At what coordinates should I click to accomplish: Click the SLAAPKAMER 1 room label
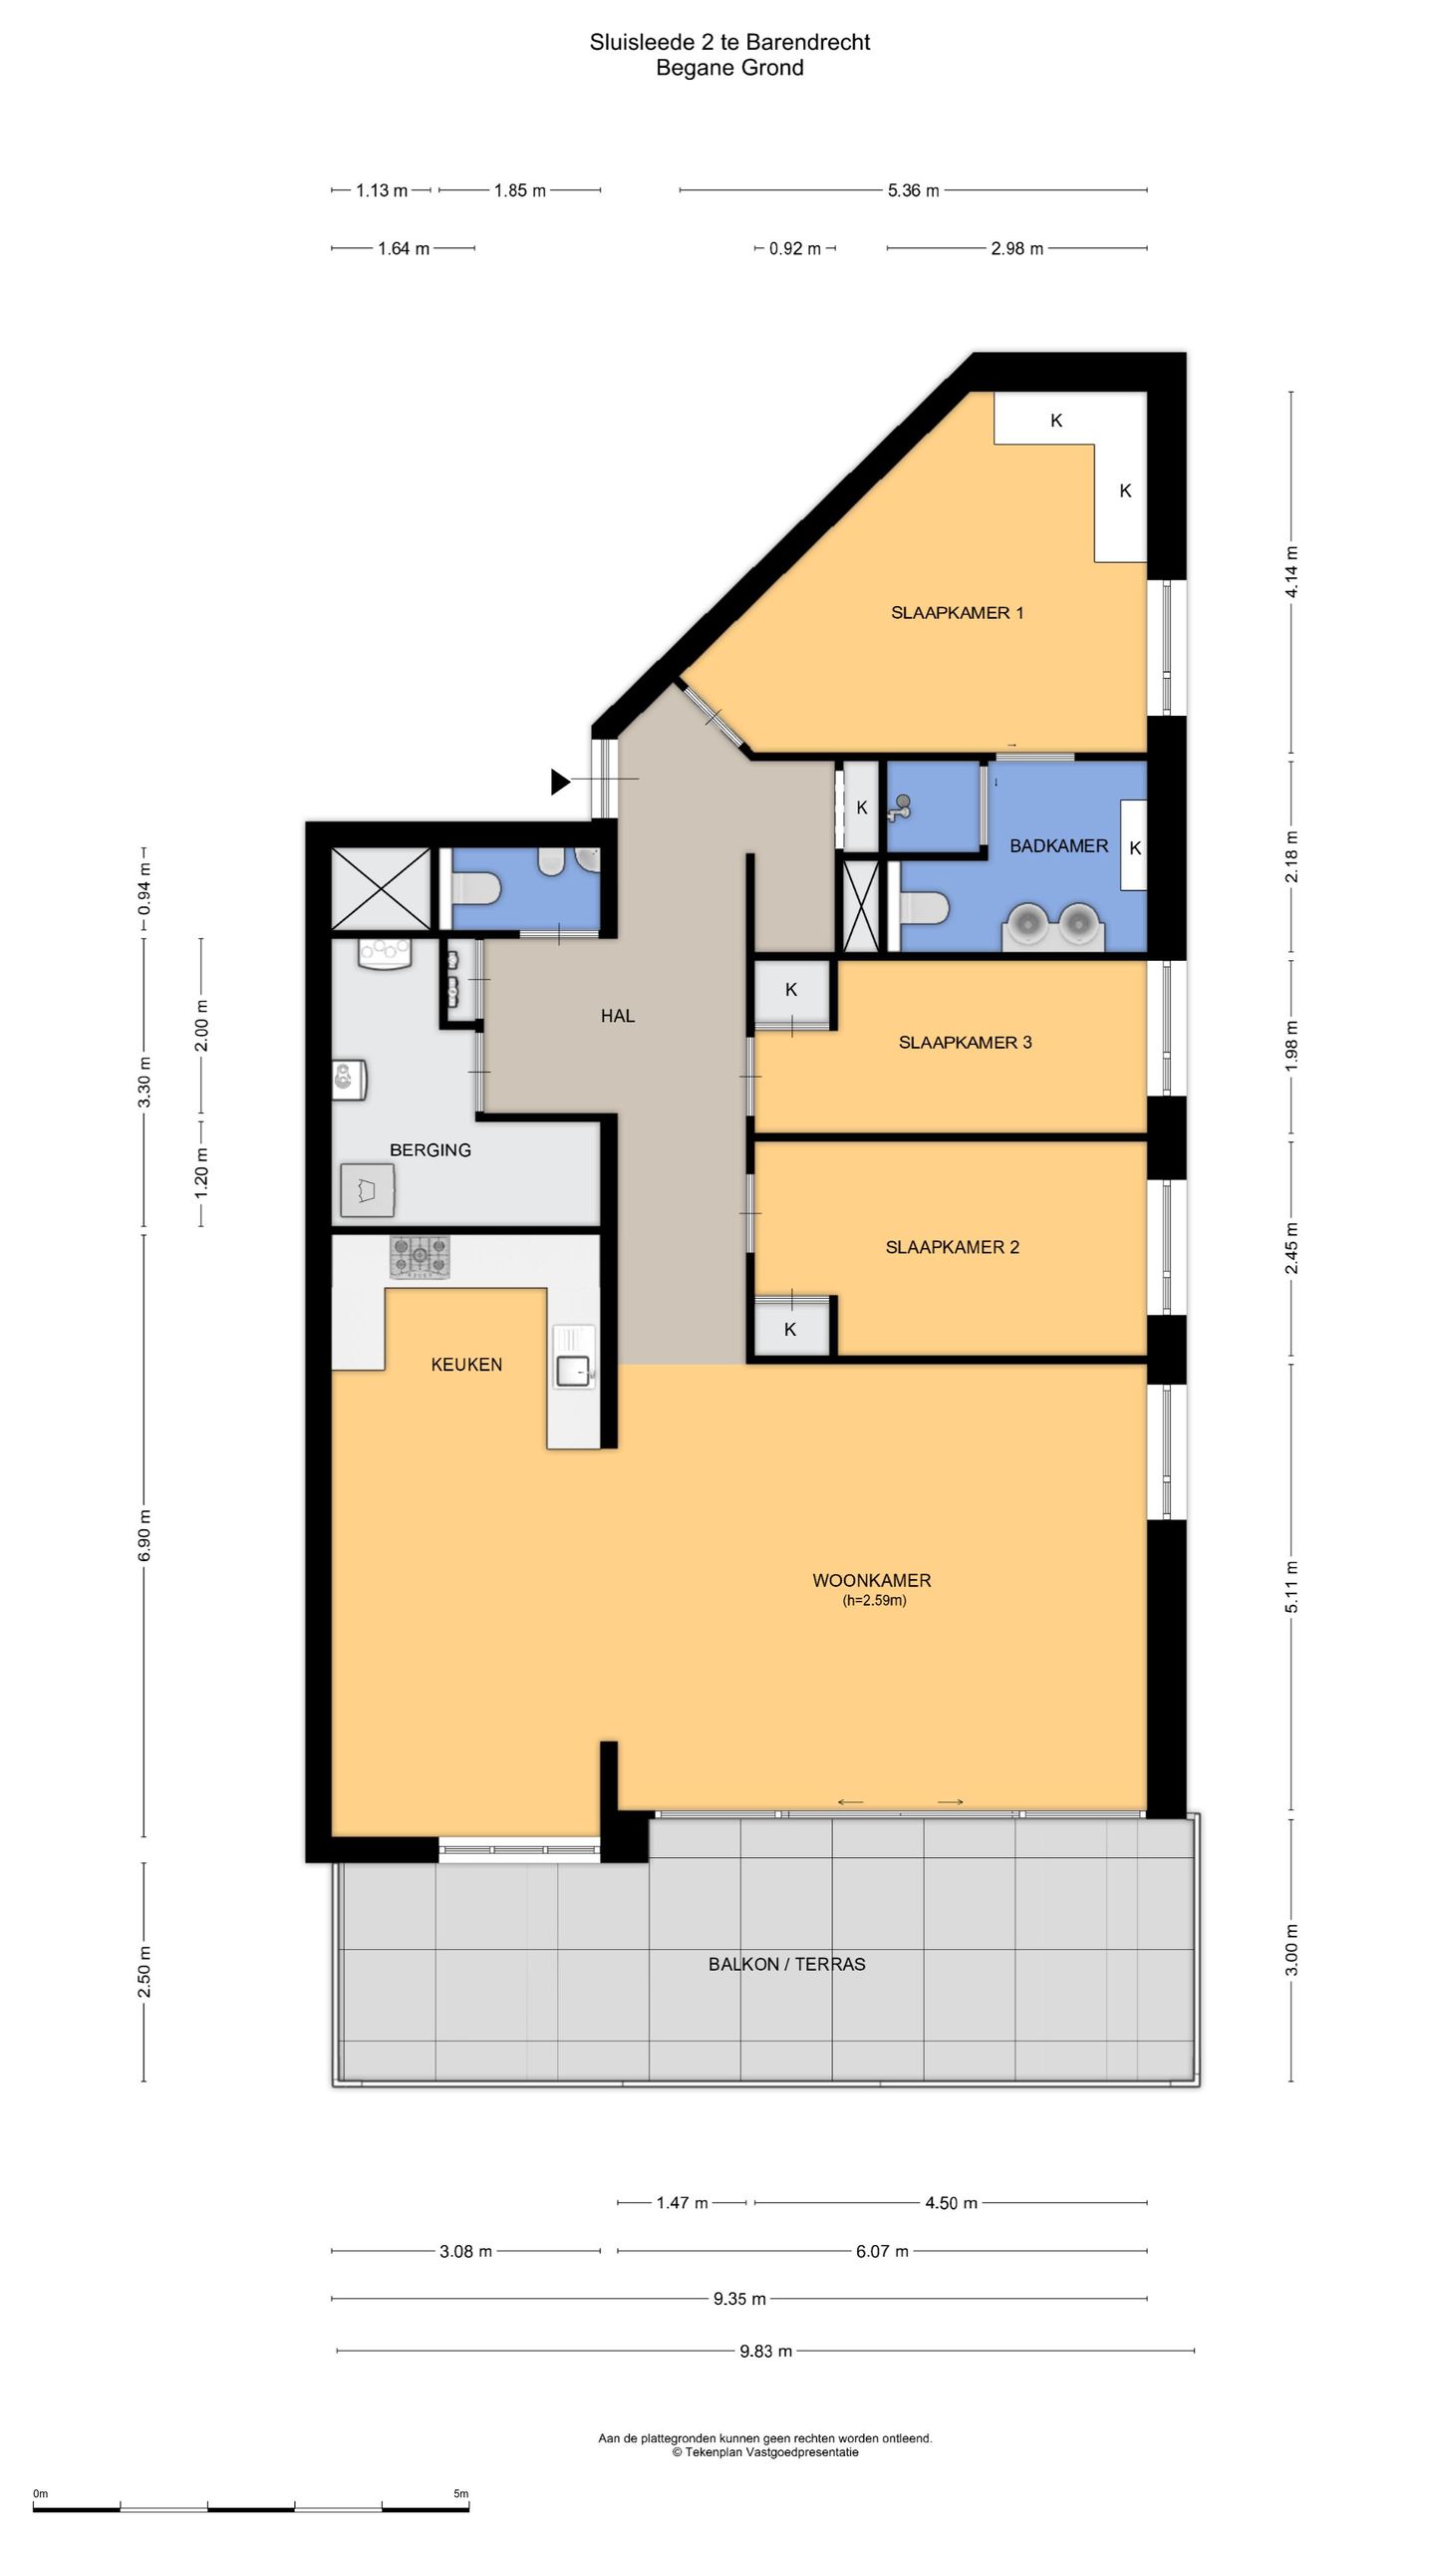(957, 613)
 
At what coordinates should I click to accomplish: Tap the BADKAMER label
(1058, 846)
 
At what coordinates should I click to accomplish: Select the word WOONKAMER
(872, 1580)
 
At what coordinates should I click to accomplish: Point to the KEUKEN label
(466, 1365)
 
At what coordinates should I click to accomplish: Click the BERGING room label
(430, 1150)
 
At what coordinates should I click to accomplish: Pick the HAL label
(618, 1016)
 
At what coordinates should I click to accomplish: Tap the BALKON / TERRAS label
(787, 1964)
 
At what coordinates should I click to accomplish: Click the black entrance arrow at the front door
(561, 783)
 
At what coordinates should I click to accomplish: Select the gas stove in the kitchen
(420, 1257)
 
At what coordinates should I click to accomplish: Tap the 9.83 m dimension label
(765, 2351)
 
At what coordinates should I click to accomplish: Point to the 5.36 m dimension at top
(913, 190)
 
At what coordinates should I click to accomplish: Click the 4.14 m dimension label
(1291, 572)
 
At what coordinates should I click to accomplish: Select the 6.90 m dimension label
(144, 1535)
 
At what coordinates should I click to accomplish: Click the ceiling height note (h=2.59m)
(874, 1601)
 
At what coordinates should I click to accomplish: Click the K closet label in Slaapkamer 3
(791, 990)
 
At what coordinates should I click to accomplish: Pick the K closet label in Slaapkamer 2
(790, 1329)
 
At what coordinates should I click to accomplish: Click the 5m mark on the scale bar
(460, 2493)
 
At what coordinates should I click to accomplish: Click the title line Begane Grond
(729, 68)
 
